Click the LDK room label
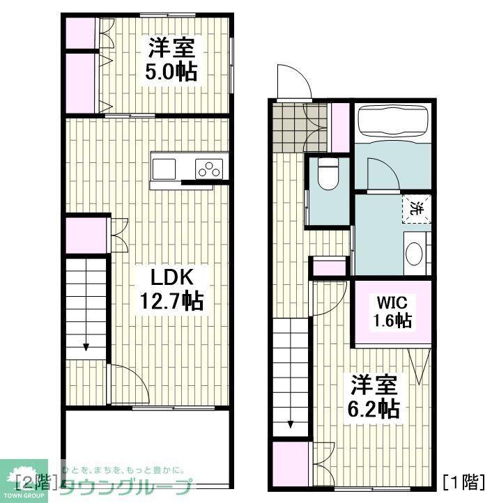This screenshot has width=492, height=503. pyautogui.click(x=172, y=277)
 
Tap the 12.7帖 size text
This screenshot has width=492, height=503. pyautogui.click(x=172, y=302)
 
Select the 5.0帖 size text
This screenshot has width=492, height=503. pyautogui.click(x=170, y=72)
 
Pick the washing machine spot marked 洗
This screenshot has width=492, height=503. pyautogui.click(x=415, y=208)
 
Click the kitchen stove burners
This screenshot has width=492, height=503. pyautogui.click(x=208, y=169)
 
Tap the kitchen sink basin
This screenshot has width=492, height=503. pyautogui.click(x=164, y=169)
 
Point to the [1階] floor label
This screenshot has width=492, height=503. pyautogui.click(x=463, y=481)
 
